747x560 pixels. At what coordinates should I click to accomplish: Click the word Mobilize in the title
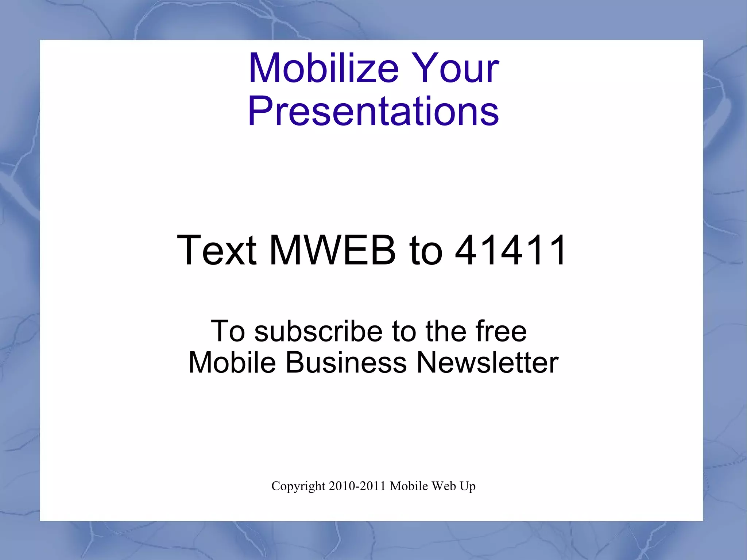pos(324,68)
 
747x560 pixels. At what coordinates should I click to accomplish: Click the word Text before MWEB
pos(217,250)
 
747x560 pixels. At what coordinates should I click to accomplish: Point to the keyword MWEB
pos(333,250)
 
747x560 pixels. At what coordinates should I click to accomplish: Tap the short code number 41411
pos(511,250)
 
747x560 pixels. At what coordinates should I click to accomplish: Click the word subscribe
pos(318,331)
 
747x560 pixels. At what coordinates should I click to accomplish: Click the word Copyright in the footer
pos(298,486)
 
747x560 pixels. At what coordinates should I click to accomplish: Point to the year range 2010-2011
pos(357,486)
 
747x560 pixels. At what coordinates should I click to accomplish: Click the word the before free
pos(445,331)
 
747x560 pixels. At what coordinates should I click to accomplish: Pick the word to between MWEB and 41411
pos(426,250)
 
